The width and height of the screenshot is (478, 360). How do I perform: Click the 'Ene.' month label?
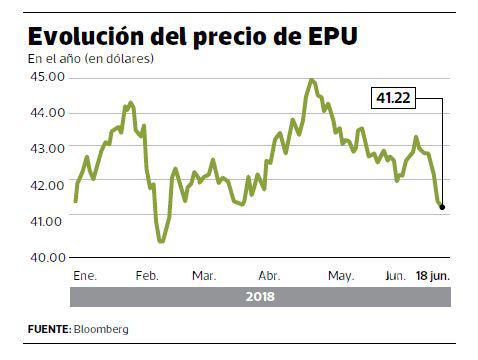[x=87, y=275]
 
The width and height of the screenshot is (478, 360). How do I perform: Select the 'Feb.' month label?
[x=147, y=275]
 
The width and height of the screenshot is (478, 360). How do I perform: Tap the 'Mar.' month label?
[x=204, y=275]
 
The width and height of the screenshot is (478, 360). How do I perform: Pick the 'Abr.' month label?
[x=269, y=275]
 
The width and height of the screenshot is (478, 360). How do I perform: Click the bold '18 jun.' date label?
[x=434, y=275]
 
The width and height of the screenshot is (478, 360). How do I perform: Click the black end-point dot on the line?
[x=442, y=208]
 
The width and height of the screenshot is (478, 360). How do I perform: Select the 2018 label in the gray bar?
[x=259, y=297]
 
